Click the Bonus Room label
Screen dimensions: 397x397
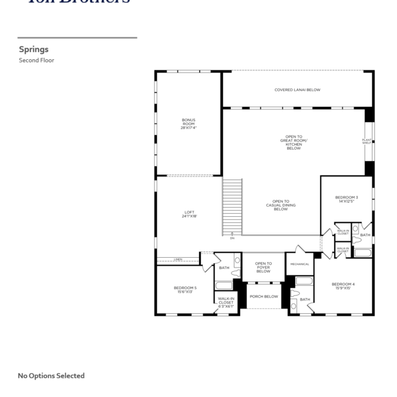pyautogui.click(x=188, y=123)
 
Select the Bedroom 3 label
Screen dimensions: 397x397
pyautogui.click(x=346, y=199)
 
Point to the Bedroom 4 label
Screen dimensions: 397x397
pyautogui.click(x=343, y=286)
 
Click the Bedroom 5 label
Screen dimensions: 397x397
pyautogui.click(x=185, y=290)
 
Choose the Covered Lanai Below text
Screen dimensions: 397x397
pyautogui.click(x=297, y=90)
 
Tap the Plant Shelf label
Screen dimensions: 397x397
pyautogui.click(x=366, y=142)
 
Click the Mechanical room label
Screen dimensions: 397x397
pyautogui.click(x=299, y=264)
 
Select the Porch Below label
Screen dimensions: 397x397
pyautogui.click(x=263, y=296)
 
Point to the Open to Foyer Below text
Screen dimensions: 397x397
pyautogui.click(x=263, y=267)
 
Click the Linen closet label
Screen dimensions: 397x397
pyautogui.click(x=178, y=260)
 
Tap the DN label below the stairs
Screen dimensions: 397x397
pyautogui.click(x=232, y=238)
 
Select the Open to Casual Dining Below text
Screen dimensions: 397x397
pyautogui.click(x=280, y=205)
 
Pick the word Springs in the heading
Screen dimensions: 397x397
pyautogui.click(x=34, y=49)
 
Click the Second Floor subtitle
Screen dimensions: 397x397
pyautogui.click(x=37, y=60)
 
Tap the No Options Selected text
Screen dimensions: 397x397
pyautogui.click(x=51, y=376)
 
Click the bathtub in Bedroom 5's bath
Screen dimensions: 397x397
pyautogui.click(x=223, y=285)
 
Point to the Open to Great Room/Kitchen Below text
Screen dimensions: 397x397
pyautogui.click(x=294, y=142)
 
